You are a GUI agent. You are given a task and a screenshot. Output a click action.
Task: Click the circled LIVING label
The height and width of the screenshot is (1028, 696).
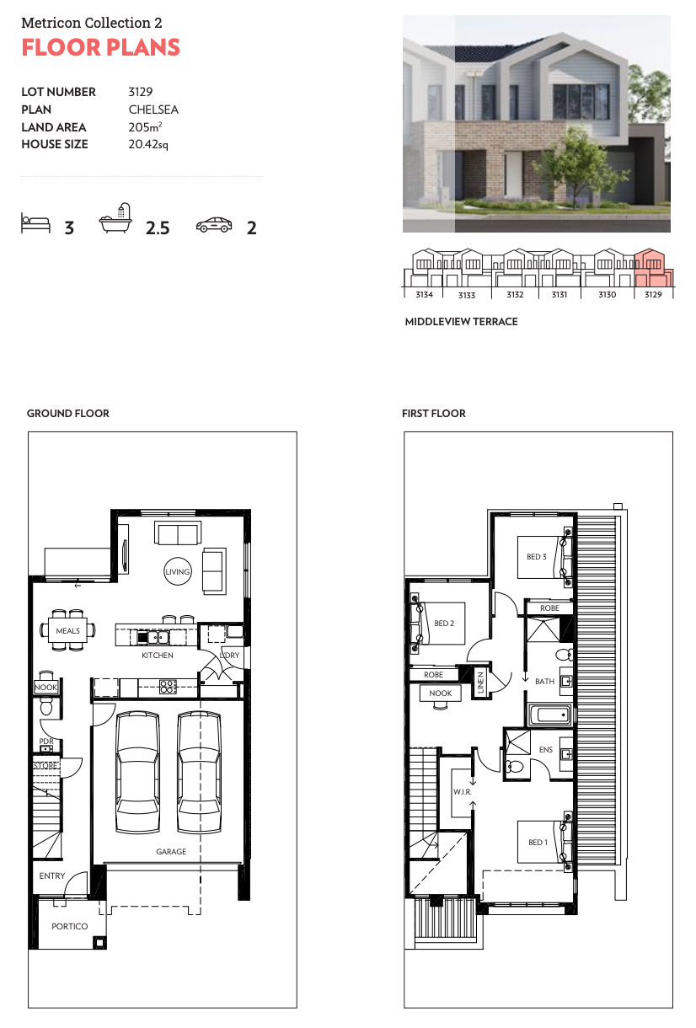pos(178,571)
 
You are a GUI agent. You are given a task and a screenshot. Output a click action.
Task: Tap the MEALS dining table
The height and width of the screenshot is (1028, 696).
pos(68,630)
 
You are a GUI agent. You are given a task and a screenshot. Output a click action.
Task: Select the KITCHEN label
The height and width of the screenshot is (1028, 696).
pos(158,656)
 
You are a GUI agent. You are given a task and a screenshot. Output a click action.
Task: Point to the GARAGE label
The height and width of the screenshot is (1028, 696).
pos(171,852)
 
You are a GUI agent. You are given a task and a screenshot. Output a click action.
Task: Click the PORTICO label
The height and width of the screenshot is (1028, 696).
pos(69,927)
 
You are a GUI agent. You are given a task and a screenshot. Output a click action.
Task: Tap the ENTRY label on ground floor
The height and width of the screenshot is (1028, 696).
pos(52,876)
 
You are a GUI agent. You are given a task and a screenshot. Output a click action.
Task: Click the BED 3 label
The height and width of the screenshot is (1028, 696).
pos(537,557)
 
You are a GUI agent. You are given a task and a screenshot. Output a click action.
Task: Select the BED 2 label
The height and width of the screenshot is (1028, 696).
pos(444,624)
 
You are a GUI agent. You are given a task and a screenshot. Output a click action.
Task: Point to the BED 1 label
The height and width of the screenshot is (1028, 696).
pos(538,843)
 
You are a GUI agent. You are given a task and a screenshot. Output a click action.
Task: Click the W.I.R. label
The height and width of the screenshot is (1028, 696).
pos(463,792)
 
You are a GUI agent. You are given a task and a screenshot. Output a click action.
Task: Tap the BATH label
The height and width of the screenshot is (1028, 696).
pos(544,682)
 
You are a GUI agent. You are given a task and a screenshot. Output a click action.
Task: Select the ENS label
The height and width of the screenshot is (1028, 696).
pos(545,749)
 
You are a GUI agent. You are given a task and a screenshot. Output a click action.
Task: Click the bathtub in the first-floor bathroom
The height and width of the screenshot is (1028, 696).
pos(549,715)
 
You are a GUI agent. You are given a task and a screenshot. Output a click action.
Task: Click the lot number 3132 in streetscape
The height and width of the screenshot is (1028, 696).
pos(515,295)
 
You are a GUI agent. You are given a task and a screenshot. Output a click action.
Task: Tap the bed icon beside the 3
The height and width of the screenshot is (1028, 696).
pos(35,223)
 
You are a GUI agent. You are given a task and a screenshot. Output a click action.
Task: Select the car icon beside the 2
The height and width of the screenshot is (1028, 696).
pos(214,224)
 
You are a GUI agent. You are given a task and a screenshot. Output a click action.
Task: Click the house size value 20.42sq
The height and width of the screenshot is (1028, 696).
pos(148,145)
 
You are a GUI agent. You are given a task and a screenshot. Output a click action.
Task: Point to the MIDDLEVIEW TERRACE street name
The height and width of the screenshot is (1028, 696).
pos(461,322)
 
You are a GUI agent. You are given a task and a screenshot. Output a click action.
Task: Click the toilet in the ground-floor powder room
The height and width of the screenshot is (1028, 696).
pos(46,707)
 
